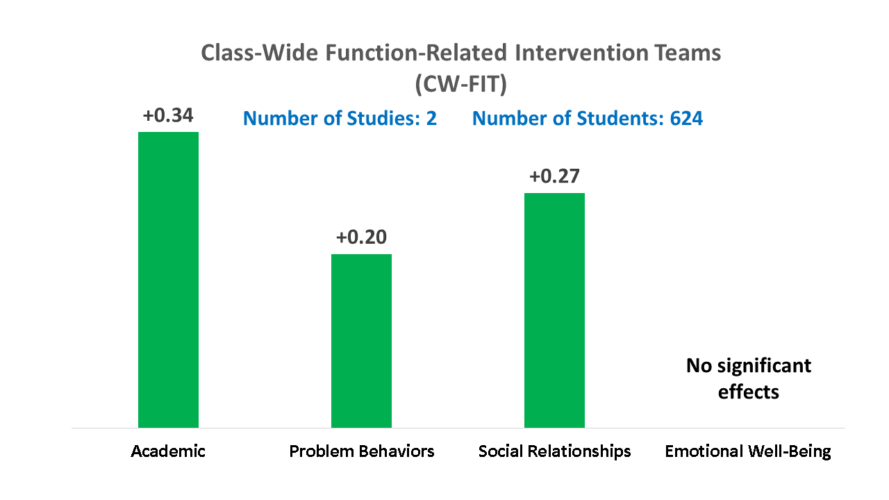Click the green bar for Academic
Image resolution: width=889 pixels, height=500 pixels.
tap(168, 280)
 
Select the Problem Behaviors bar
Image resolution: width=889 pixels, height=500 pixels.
tap(361, 341)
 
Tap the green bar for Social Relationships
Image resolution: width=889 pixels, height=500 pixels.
tap(554, 310)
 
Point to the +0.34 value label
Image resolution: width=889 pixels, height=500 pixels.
tap(168, 115)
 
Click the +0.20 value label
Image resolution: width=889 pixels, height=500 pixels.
tap(361, 237)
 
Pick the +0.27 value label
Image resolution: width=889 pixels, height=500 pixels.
tap(554, 176)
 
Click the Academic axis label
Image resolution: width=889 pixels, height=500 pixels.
tap(168, 451)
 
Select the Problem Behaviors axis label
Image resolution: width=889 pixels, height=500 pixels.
tap(362, 451)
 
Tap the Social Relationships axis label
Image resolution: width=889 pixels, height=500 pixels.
tap(554, 451)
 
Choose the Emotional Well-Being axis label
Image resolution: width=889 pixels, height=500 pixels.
tap(748, 451)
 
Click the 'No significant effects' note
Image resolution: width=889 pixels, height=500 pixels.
tap(749, 378)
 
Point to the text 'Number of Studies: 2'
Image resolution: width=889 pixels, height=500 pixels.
tap(340, 118)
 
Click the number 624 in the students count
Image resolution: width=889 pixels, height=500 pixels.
tap(686, 118)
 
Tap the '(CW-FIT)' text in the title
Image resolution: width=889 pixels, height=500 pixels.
tap(460, 84)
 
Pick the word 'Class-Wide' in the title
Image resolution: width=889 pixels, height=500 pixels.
tap(260, 53)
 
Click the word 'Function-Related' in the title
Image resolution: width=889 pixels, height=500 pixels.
tap(416, 53)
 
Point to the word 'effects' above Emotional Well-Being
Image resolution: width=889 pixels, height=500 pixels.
tap(749, 392)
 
